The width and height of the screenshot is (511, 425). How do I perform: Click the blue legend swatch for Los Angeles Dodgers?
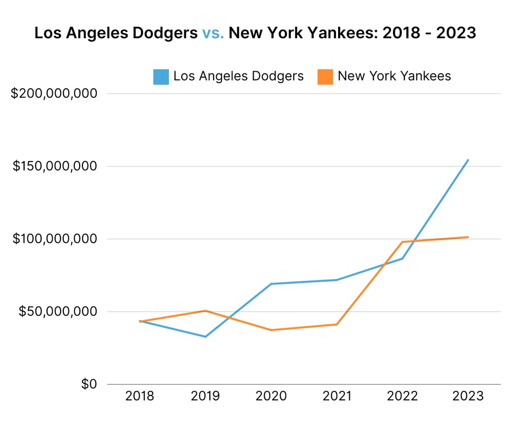[x=161, y=77]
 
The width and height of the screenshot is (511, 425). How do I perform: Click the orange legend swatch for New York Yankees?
[x=325, y=77]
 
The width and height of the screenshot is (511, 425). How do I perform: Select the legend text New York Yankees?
[x=394, y=76]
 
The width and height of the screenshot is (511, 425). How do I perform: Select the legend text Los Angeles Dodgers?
[x=238, y=76]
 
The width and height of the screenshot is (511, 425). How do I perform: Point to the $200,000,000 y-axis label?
[x=54, y=93]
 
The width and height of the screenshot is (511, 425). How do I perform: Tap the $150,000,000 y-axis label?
[x=54, y=166]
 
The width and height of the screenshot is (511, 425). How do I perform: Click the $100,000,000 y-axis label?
[x=54, y=239]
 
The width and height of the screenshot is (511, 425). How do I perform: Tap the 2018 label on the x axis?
[x=140, y=396]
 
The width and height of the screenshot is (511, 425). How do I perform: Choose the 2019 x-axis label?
[x=205, y=396]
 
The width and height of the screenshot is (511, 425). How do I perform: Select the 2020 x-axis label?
[x=271, y=396]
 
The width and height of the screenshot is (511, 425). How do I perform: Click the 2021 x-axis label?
[x=337, y=396]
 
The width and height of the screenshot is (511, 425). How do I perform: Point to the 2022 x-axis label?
[x=403, y=396]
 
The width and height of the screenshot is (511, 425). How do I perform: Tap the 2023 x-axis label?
[x=468, y=396]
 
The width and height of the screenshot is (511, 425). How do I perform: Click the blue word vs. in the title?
[x=213, y=33]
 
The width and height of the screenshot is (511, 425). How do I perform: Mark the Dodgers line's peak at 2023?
[x=468, y=160]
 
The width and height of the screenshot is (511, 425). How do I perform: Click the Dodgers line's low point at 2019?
[x=205, y=337]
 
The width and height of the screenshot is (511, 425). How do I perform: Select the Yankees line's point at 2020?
[x=271, y=330]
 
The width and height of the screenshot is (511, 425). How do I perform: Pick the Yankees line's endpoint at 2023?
[x=468, y=237]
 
